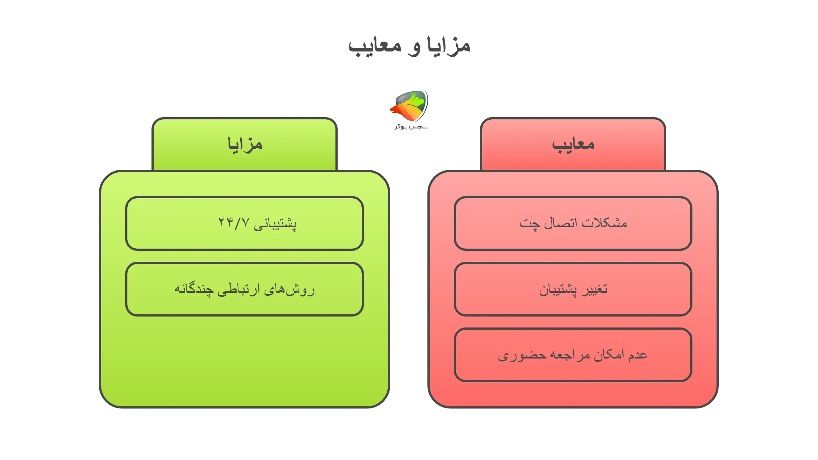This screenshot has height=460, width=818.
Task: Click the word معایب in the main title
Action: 375,47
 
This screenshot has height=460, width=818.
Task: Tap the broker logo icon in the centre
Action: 410,106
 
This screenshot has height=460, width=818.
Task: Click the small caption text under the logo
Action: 411,127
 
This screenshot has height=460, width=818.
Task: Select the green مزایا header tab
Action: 244,144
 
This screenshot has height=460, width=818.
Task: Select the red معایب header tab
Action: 573,144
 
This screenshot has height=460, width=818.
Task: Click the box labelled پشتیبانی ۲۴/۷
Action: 244,223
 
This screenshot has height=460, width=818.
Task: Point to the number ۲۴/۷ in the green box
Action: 234,222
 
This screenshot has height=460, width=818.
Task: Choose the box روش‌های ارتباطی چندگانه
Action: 244,289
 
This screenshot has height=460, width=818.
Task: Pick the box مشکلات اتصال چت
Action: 573,223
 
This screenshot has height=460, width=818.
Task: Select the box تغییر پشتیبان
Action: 573,289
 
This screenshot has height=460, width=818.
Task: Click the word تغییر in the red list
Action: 595,289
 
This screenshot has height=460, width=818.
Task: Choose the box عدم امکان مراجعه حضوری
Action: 573,355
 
